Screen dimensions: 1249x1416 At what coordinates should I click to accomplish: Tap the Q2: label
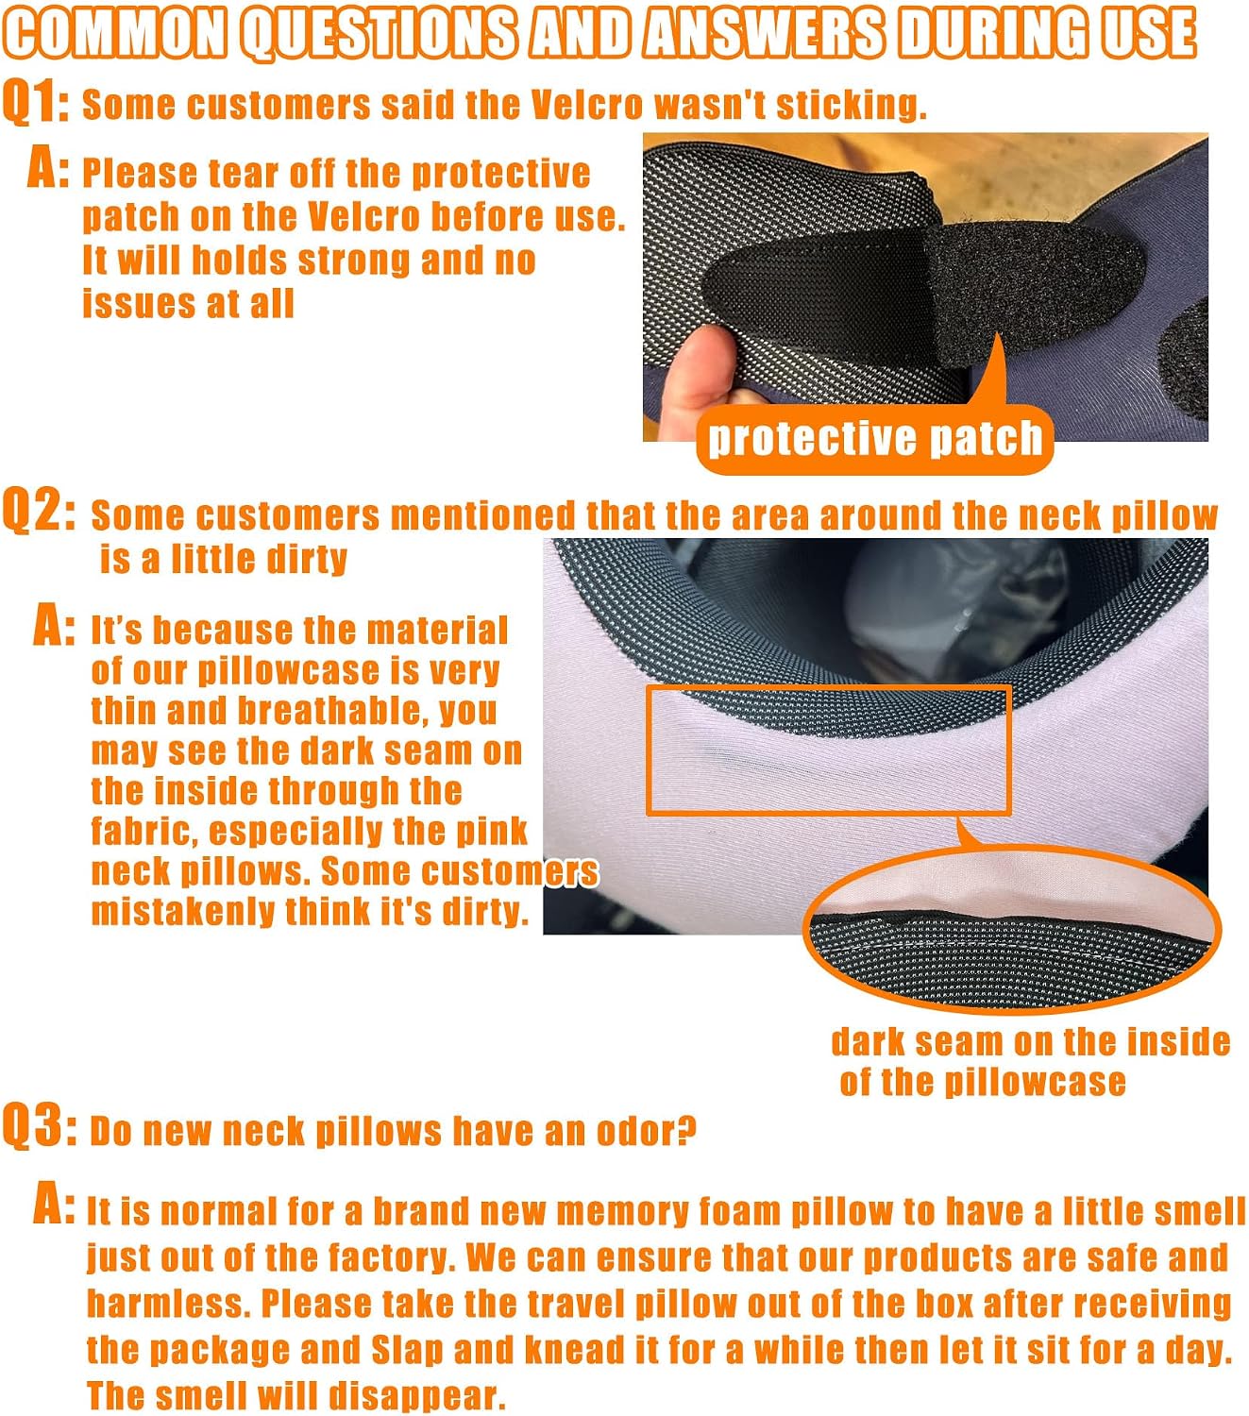(x=39, y=511)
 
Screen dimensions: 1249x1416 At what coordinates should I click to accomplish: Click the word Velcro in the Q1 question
(x=586, y=105)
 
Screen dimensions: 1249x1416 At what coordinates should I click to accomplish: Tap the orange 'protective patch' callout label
(x=874, y=439)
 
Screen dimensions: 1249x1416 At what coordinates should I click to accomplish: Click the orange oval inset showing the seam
(x=1011, y=930)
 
